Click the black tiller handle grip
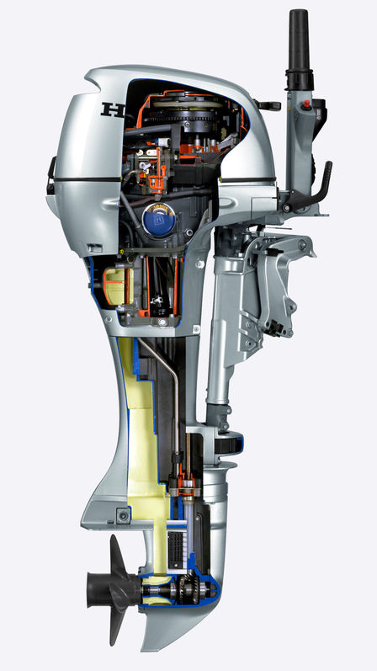[x=299, y=42]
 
